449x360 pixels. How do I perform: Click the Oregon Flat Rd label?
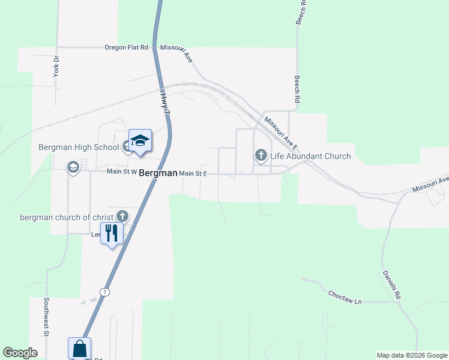click(x=126, y=47)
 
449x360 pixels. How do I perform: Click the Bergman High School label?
click(x=79, y=147)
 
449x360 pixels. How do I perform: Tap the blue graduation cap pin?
click(x=140, y=141)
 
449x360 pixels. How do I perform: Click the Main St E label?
click(x=193, y=173)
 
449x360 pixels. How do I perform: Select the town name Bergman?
click(x=158, y=173)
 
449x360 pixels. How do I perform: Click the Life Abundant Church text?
click(x=310, y=156)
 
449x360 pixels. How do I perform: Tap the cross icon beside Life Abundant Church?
click(x=261, y=155)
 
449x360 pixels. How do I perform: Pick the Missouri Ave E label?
click(x=280, y=131)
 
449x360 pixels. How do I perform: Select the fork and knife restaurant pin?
click(x=112, y=233)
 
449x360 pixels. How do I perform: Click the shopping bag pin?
click(x=80, y=348)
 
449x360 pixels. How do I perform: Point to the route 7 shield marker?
click(x=105, y=292)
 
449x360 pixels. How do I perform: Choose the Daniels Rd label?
click(x=391, y=285)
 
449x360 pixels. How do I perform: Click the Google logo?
click(x=20, y=353)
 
